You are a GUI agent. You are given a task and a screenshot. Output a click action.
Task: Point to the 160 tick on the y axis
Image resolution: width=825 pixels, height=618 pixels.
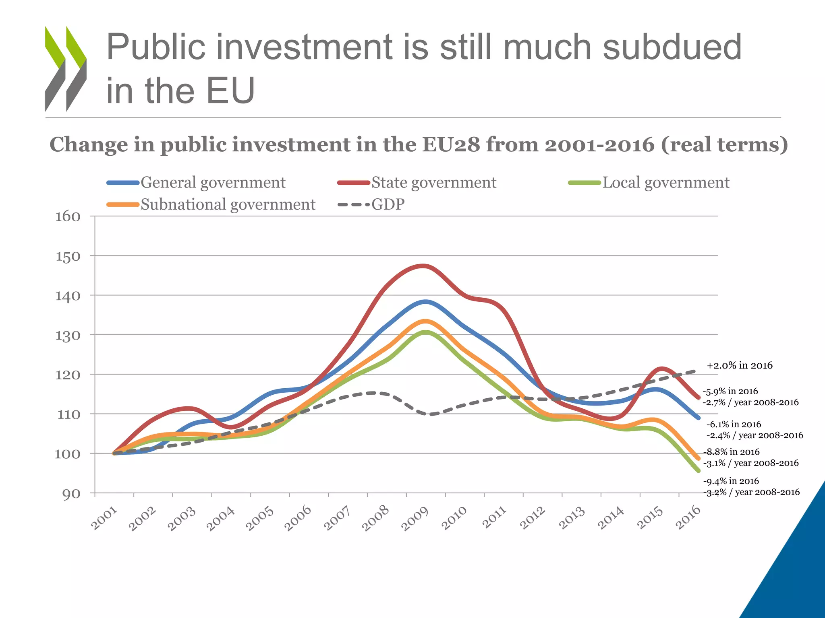(x=68, y=216)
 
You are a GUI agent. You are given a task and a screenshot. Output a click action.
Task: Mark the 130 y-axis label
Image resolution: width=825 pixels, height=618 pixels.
(x=68, y=335)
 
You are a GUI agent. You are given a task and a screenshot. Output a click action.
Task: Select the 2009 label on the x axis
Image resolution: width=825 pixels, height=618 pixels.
(x=415, y=519)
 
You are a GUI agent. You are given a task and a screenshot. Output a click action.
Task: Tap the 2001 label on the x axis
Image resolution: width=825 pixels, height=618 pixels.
(x=104, y=519)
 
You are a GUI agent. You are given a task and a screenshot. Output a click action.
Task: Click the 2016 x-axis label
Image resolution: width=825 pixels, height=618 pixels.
(x=688, y=518)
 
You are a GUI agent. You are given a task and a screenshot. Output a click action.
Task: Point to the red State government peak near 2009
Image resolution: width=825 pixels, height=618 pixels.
(x=423, y=266)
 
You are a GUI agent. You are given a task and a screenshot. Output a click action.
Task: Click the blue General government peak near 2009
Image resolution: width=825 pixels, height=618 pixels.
(x=425, y=301)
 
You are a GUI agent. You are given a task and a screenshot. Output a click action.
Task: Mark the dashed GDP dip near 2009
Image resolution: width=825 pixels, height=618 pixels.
(x=429, y=414)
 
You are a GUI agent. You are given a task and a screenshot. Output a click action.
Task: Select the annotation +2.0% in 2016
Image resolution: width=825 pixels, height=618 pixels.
(x=740, y=365)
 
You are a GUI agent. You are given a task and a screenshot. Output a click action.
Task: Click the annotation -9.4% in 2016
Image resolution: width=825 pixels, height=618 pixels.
(x=731, y=481)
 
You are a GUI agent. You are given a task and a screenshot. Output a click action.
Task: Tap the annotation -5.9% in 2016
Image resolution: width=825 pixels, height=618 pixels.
(x=730, y=391)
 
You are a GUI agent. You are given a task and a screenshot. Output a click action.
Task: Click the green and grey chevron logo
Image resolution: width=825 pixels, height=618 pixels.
(x=66, y=68)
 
